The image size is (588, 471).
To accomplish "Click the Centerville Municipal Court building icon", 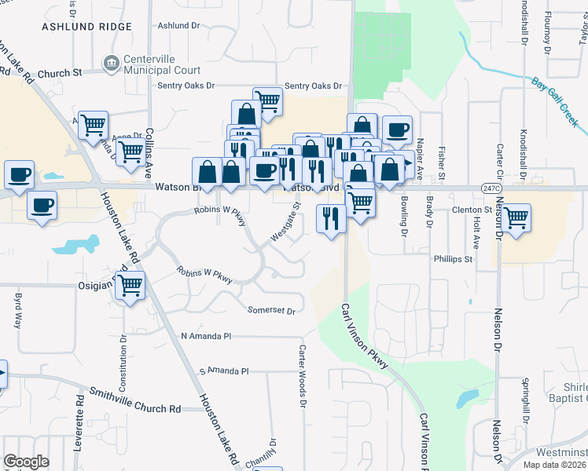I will pos(112,62).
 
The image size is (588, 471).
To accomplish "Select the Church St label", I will pos(59,73).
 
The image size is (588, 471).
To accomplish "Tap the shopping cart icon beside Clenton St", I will pos(516,217).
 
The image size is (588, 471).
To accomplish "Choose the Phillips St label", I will pos(452,258).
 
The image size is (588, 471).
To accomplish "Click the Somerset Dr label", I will pos(271,311).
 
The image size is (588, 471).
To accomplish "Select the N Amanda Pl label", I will pos(206,335).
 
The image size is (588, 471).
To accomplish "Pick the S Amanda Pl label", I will pos(223,371).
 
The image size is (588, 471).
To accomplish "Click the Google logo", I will pos(26,461).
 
